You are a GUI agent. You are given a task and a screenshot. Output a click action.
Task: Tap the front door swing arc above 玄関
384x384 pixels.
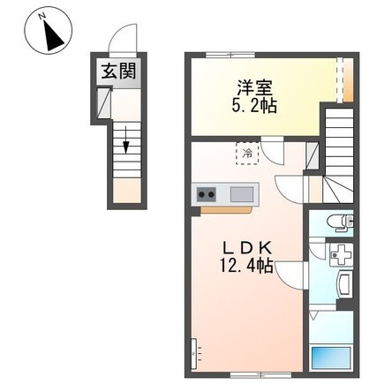coord(120,42)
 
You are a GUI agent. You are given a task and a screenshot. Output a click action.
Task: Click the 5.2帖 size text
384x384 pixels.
coord(253,107)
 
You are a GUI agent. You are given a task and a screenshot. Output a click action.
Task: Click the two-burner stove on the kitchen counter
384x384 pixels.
coord(207,194)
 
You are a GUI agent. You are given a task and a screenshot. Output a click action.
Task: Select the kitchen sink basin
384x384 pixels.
coord(241,194)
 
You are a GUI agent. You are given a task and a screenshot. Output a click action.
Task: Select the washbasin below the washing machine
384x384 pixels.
coord(344,284)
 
